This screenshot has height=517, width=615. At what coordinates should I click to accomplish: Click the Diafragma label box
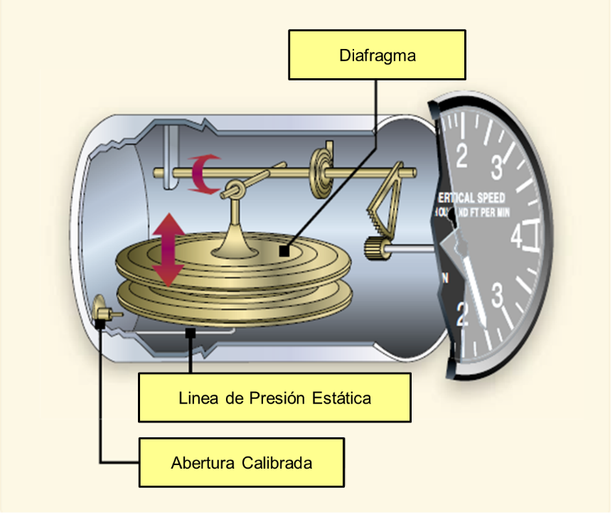pos(377,55)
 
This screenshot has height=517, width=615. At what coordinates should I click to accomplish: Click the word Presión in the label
pos(276,397)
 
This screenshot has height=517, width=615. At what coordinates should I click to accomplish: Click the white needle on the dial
pos(474,289)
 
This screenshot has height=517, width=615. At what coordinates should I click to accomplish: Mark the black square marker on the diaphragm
pos(284,250)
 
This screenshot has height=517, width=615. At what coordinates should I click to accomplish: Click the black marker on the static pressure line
pos(191,332)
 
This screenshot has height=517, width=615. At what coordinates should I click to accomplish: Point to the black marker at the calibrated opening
pos(101,324)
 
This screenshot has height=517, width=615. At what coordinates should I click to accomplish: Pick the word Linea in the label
pos(198,397)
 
